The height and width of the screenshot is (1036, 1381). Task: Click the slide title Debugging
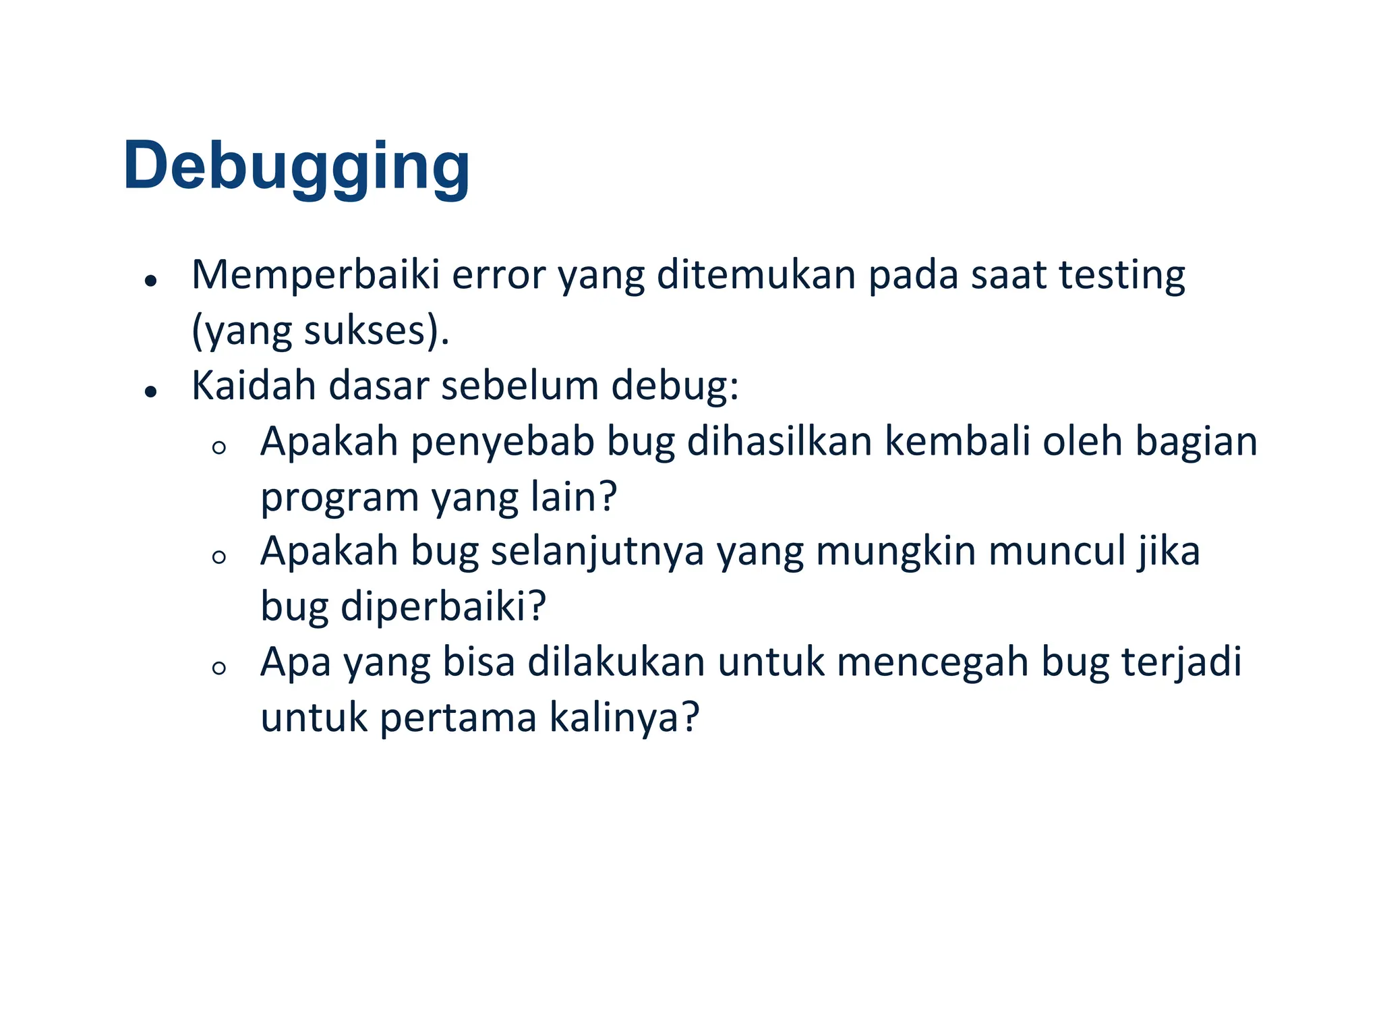(296, 166)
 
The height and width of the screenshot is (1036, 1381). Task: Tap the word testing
(1121, 275)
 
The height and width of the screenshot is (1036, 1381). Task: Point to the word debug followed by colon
(674, 387)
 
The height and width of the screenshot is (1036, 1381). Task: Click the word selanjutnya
(597, 552)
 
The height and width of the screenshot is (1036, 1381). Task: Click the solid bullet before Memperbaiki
(151, 281)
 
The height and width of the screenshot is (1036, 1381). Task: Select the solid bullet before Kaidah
(151, 391)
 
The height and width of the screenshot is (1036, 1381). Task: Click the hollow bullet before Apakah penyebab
(218, 447)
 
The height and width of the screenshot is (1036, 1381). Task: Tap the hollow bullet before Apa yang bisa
(218, 668)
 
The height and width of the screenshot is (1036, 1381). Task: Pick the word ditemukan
(755, 275)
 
